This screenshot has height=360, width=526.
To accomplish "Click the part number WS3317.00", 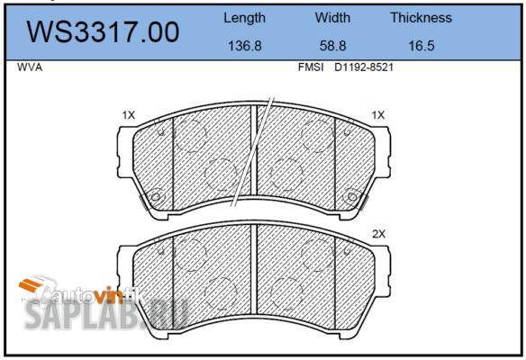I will tap(104, 32).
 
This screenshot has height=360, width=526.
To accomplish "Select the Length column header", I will tap(244, 18).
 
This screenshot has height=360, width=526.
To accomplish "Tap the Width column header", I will tap(332, 18).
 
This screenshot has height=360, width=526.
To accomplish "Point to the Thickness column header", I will tap(421, 18).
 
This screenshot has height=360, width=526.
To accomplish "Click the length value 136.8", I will tap(244, 46).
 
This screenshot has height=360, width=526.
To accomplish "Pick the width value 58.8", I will tap(332, 46).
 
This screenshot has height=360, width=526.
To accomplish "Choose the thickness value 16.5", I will tap(421, 46).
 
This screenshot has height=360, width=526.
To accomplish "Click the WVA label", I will tap(31, 67).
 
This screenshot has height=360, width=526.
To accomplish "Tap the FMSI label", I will tap(312, 67).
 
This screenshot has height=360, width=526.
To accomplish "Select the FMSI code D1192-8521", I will tap(365, 67).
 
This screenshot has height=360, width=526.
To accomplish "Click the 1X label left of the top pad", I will tap(128, 115).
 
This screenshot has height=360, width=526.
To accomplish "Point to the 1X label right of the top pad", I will tap(377, 115).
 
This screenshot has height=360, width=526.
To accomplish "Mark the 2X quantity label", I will tap(378, 234).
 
